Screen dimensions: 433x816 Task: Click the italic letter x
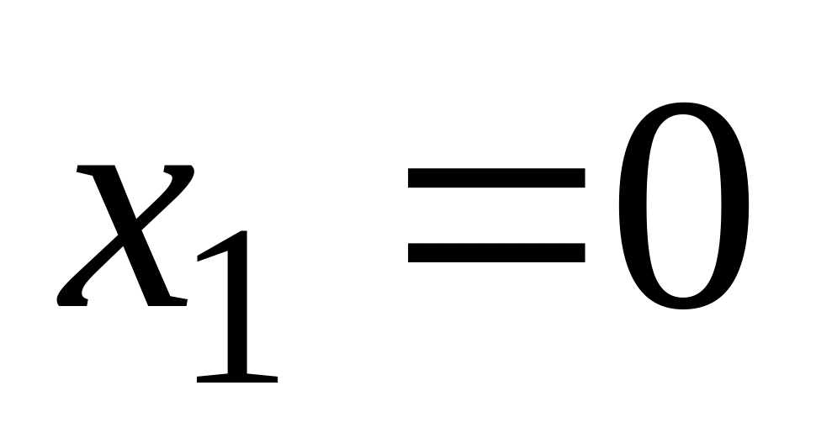pyautogui.click(x=126, y=235)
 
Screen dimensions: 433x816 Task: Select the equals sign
pyautogui.click(x=496, y=214)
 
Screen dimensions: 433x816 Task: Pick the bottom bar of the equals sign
pyautogui.click(x=496, y=251)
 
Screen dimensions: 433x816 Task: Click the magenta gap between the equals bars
pyautogui.click(x=496, y=214)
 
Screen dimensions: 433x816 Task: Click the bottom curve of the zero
pyautogui.click(x=682, y=301)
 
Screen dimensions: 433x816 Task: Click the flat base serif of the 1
pyautogui.click(x=236, y=378)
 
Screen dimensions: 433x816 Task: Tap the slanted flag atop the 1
pyautogui.click(x=215, y=248)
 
